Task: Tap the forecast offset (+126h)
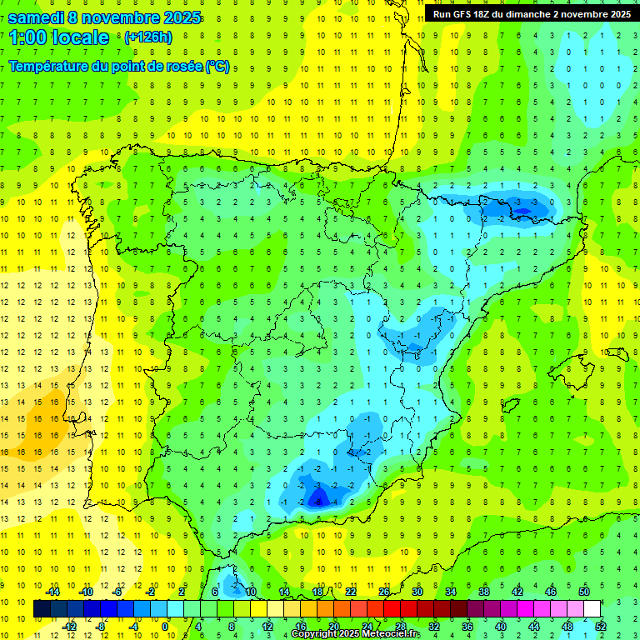(x=147, y=37)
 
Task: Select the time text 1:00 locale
(x=58, y=37)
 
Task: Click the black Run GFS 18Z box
(x=532, y=13)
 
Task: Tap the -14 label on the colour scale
(x=53, y=592)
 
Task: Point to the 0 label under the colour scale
(x=165, y=627)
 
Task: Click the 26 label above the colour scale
(x=384, y=592)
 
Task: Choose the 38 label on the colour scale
(x=483, y=592)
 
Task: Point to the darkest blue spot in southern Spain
(x=317, y=499)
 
